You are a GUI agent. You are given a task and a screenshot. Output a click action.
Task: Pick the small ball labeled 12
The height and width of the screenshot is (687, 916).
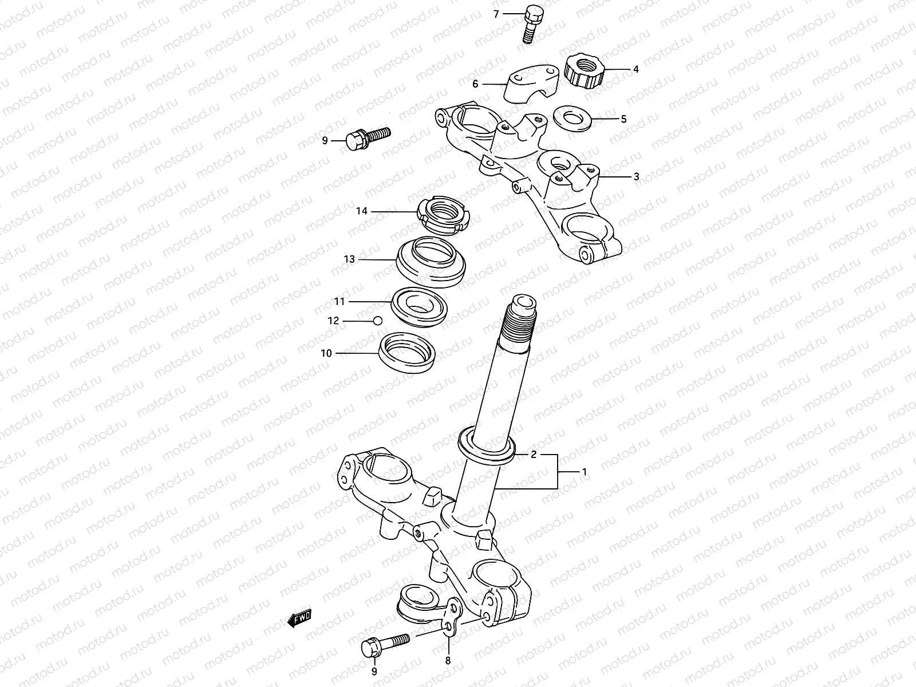tap(377, 321)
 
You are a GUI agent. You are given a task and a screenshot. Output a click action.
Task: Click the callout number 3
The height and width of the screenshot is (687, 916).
tap(636, 177)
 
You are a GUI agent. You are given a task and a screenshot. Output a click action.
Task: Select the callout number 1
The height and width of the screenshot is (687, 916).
tap(584, 472)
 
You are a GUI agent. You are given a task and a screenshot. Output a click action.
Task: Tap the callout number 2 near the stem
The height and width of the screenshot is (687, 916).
tap(533, 455)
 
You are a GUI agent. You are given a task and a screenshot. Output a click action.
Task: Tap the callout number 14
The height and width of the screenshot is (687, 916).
tap(361, 211)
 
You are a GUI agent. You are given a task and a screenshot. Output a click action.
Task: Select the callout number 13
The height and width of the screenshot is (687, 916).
tap(349, 259)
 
